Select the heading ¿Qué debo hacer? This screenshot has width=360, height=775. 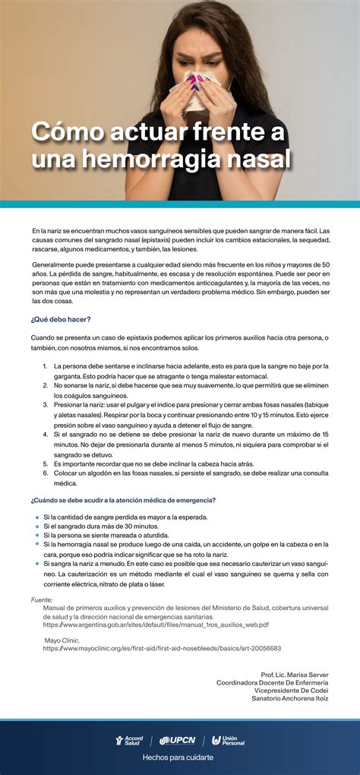[x=61, y=320]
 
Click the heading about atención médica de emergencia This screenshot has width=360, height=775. [x=123, y=500]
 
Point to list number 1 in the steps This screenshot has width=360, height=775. [x=46, y=366]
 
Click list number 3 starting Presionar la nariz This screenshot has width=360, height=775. [x=46, y=405]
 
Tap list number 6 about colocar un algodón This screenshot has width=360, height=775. [x=46, y=473]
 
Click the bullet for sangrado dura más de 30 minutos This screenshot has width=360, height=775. [x=37, y=526]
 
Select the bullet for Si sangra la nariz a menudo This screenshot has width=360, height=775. [x=37, y=565]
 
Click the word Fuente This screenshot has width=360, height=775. [x=42, y=599]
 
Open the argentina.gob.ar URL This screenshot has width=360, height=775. [x=156, y=625]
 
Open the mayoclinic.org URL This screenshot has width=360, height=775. [x=162, y=649]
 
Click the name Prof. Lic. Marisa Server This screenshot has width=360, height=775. [x=295, y=675]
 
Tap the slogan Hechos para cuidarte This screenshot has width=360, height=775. [x=178, y=758]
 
